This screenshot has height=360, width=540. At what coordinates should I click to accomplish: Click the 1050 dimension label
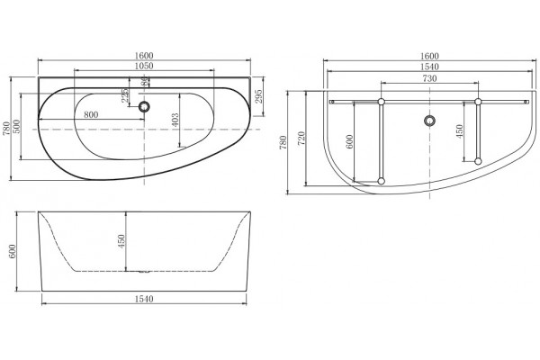pos(144,66)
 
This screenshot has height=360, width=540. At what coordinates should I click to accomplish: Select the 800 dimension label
pos(91,114)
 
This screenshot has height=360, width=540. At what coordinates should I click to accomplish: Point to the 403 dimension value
pos(175,121)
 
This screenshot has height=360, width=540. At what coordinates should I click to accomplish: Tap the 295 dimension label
pos(258,96)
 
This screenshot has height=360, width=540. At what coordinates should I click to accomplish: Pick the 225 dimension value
pos(125,95)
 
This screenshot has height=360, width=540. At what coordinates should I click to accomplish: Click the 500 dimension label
pos(16,126)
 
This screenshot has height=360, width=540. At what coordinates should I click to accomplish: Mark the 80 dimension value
pos(145,81)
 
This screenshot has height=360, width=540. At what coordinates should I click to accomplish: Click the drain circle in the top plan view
pos(144,106)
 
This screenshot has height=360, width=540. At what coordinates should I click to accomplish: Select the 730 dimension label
pos(429,78)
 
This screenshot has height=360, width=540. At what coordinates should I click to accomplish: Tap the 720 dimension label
pos(301,139)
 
